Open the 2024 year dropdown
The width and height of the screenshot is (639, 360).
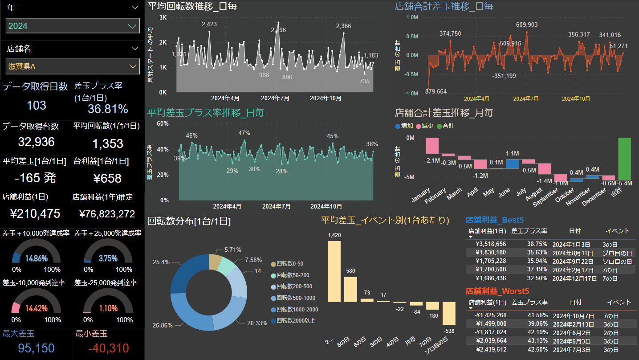point(73,26)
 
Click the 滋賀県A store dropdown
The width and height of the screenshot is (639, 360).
point(73,66)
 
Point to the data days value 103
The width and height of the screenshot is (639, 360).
point(37,105)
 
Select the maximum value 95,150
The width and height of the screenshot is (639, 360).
point(28,348)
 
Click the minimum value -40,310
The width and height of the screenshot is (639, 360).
point(102,348)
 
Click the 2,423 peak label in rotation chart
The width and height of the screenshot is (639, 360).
point(209,24)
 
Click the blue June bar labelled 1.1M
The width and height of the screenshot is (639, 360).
point(513,164)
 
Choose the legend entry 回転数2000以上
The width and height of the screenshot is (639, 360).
point(296,320)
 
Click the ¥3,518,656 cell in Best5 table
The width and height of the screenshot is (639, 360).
point(491,244)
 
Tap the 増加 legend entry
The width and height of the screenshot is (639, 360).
point(404,126)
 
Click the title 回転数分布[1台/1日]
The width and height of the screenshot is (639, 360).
point(189,221)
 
